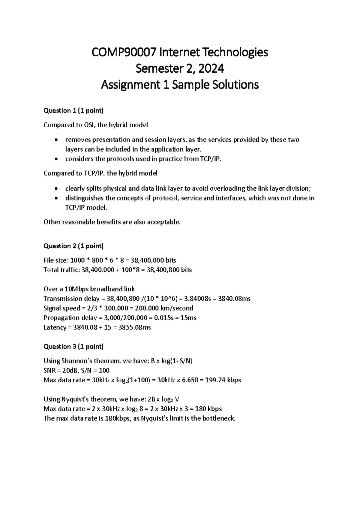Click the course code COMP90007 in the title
pyautogui.click(x=124, y=53)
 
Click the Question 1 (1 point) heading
pyautogui.click(x=73, y=111)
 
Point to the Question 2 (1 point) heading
pyautogui.click(x=73, y=246)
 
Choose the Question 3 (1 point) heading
pyautogui.click(x=73, y=347)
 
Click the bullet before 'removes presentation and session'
pyautogui.click(x=57, y=140)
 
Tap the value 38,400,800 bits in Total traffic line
pyautogui.click(x=169, y=270)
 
